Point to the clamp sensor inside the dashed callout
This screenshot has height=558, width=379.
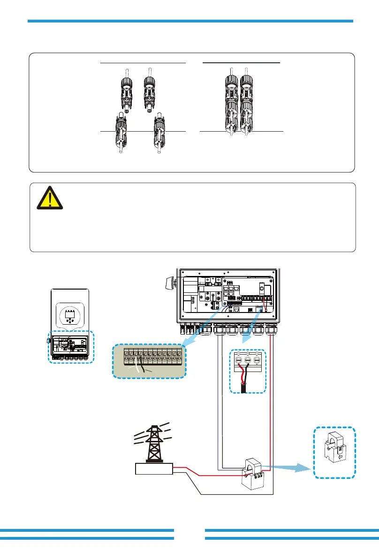pos(334,452)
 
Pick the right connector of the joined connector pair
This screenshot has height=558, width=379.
pos(247,104)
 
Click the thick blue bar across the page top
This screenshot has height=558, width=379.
pos(190,21)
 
